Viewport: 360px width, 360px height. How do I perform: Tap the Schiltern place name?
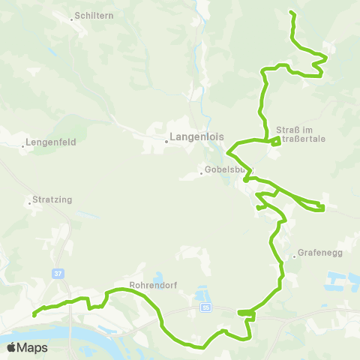(x=94, y=16)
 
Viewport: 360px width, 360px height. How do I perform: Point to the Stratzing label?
(x=52, y=201)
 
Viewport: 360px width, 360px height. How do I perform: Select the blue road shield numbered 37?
(x=58, y=274)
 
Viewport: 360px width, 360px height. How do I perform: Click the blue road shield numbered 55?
(x=205, y=307)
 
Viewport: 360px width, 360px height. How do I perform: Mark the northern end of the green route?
(x=291, y=13)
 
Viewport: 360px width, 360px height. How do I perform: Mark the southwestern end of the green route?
(x=34, y=316)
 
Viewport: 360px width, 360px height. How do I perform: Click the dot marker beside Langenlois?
(x=166, y=139)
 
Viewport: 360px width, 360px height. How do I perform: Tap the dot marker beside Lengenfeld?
(x=23, y=145)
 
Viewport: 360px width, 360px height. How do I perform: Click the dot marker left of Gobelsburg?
(x=202, y=173)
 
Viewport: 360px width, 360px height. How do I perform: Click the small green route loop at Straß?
(x=275, y=140)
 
